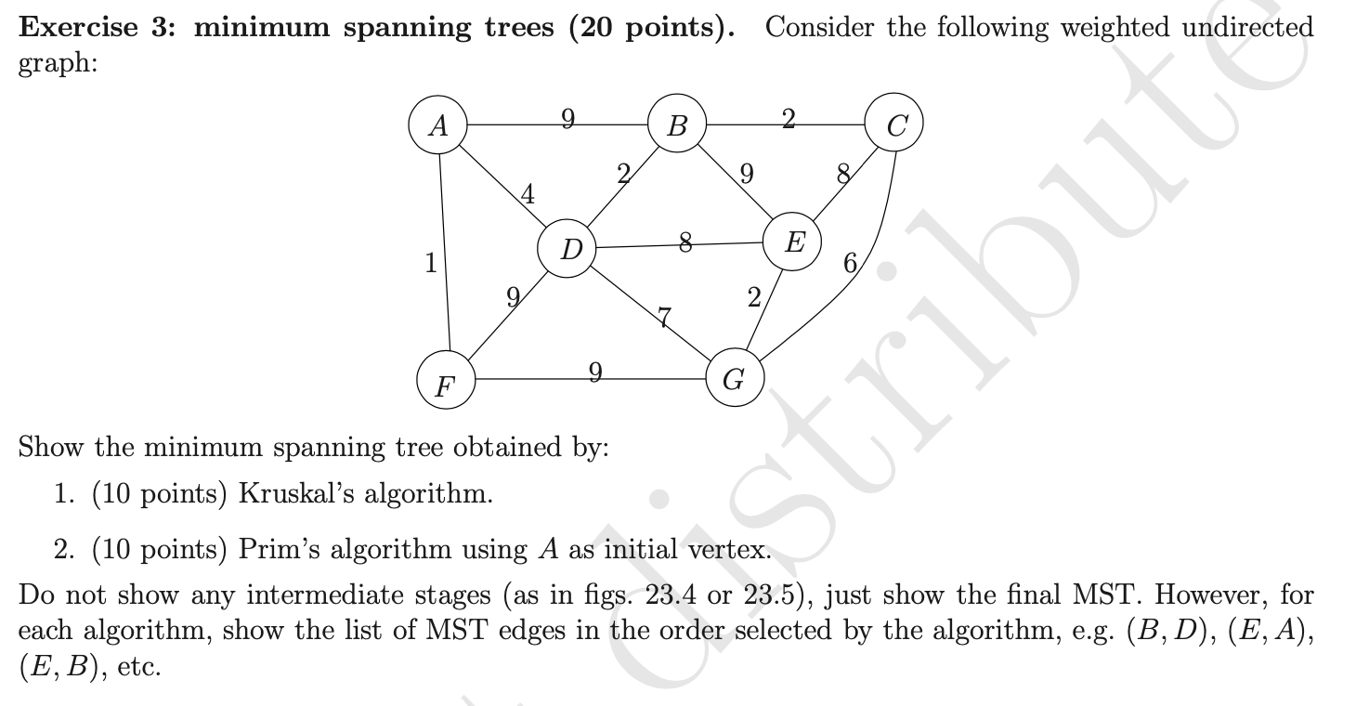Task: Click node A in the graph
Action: click(x=437, y=126)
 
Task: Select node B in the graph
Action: click(x=677, y=124)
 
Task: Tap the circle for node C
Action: click(x=894, y=126)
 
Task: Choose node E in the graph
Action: click(x=792, y=243)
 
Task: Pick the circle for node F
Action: click(x=447, y=383)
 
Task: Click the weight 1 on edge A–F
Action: click(x=430, y=263)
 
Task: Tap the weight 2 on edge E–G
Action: click(x=753, y=298)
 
